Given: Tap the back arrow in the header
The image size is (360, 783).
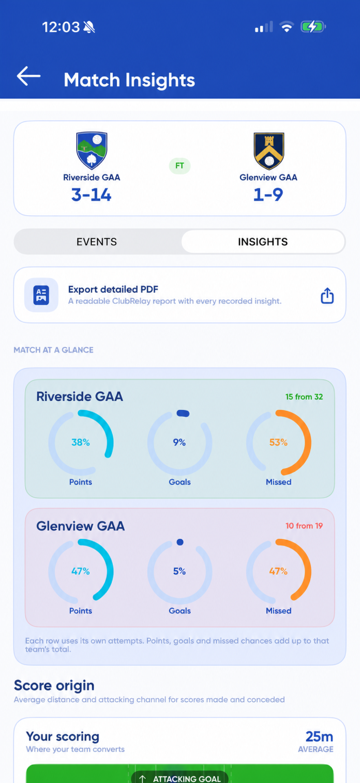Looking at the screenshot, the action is click(29, 76).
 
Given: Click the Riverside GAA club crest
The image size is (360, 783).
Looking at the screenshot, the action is click(92, 150).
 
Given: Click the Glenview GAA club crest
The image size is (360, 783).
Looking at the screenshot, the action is click(269, 151).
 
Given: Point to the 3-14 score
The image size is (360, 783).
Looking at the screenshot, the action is click(91, 195).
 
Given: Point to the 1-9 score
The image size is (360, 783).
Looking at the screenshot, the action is click(268, 195).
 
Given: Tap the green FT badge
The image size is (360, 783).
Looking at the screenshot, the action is click(180, 166).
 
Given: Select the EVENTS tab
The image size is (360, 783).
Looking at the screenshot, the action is click(97, 242).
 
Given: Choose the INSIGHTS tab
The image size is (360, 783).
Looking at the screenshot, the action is click(263, 242).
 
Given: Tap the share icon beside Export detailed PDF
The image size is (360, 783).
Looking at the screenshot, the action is click(327, 296).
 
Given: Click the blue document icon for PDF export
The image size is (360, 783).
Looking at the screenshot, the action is click(41, 295).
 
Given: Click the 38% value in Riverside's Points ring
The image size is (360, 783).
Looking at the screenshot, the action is click(81, 442).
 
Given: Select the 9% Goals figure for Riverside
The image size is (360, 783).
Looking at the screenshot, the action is click(179, 442).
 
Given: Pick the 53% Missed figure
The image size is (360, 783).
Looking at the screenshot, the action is click(278, 442).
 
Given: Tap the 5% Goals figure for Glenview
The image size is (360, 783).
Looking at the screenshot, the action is click(179, 571).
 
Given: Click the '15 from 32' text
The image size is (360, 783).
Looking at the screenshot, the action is click(304, 397).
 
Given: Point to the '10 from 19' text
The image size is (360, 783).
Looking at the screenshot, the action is click(304, 526).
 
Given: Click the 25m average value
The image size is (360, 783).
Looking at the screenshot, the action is click(319, 737).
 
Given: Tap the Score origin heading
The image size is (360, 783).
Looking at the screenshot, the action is click(54, 686).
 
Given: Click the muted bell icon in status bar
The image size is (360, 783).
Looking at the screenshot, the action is click(89, 27).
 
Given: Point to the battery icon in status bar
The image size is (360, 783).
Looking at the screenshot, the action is click(313, 27).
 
